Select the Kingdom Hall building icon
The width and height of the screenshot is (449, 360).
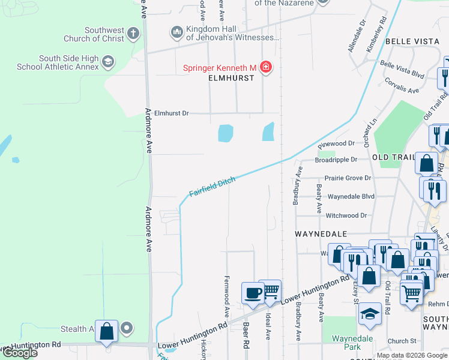[176, 31]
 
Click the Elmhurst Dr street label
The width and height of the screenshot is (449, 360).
[171, 113]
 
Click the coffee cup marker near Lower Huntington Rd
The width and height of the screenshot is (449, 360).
[252, 293]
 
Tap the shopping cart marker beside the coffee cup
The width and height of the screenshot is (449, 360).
[271, 291]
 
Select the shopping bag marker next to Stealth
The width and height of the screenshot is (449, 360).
[106, 331]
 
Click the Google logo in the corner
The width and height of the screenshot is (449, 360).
[19, 353]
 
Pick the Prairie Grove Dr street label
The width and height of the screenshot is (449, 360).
[348, 178]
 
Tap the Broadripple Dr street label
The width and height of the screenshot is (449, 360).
[336, 160]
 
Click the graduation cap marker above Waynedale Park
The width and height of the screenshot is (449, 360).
[370, 313]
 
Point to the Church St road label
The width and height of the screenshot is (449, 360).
[402, 341]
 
